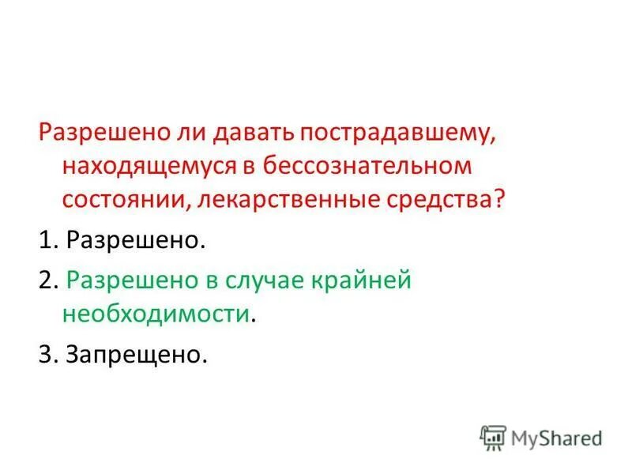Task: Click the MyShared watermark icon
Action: (493, 437)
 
